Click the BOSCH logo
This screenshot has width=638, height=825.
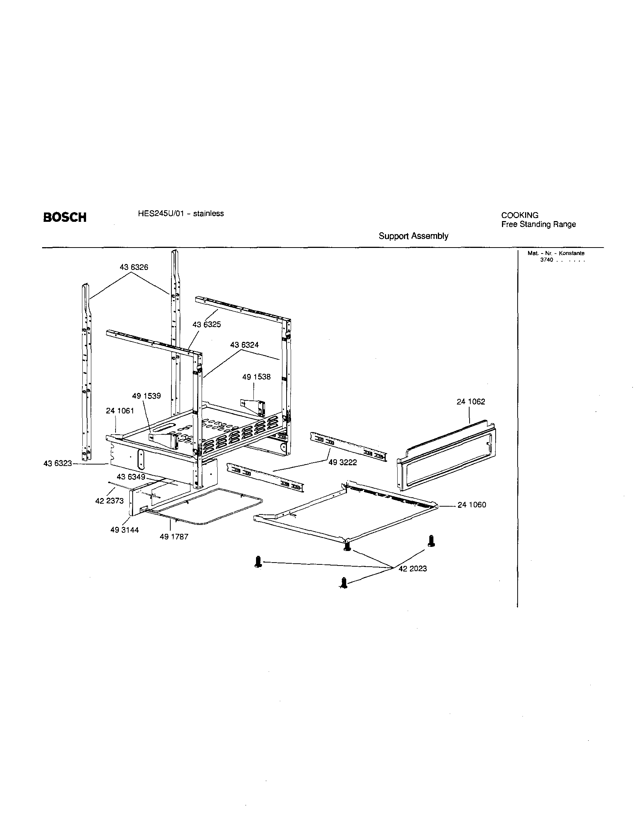[64, 218]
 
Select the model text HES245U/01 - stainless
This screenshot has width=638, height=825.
[180, 214]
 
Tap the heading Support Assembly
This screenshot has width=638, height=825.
[413, 236]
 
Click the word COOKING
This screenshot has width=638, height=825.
[519, 215]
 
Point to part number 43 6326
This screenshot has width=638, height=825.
[134, 267]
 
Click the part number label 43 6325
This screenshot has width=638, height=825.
[206, 324]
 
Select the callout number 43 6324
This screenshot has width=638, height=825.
[244, 345]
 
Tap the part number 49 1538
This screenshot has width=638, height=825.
[256, 377]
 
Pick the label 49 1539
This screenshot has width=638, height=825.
[146, 396]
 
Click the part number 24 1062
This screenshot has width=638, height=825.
[471, 402]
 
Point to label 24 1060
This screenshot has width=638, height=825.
[471, 505]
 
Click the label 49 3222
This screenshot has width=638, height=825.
[342, 462]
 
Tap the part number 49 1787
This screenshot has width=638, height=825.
[174, 537]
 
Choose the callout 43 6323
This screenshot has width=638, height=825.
[57, 463]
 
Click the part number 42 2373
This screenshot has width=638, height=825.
[109, 501]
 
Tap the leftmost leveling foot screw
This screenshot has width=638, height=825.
[258, 561]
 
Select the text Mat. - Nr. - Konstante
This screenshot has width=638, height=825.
[556, 254]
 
